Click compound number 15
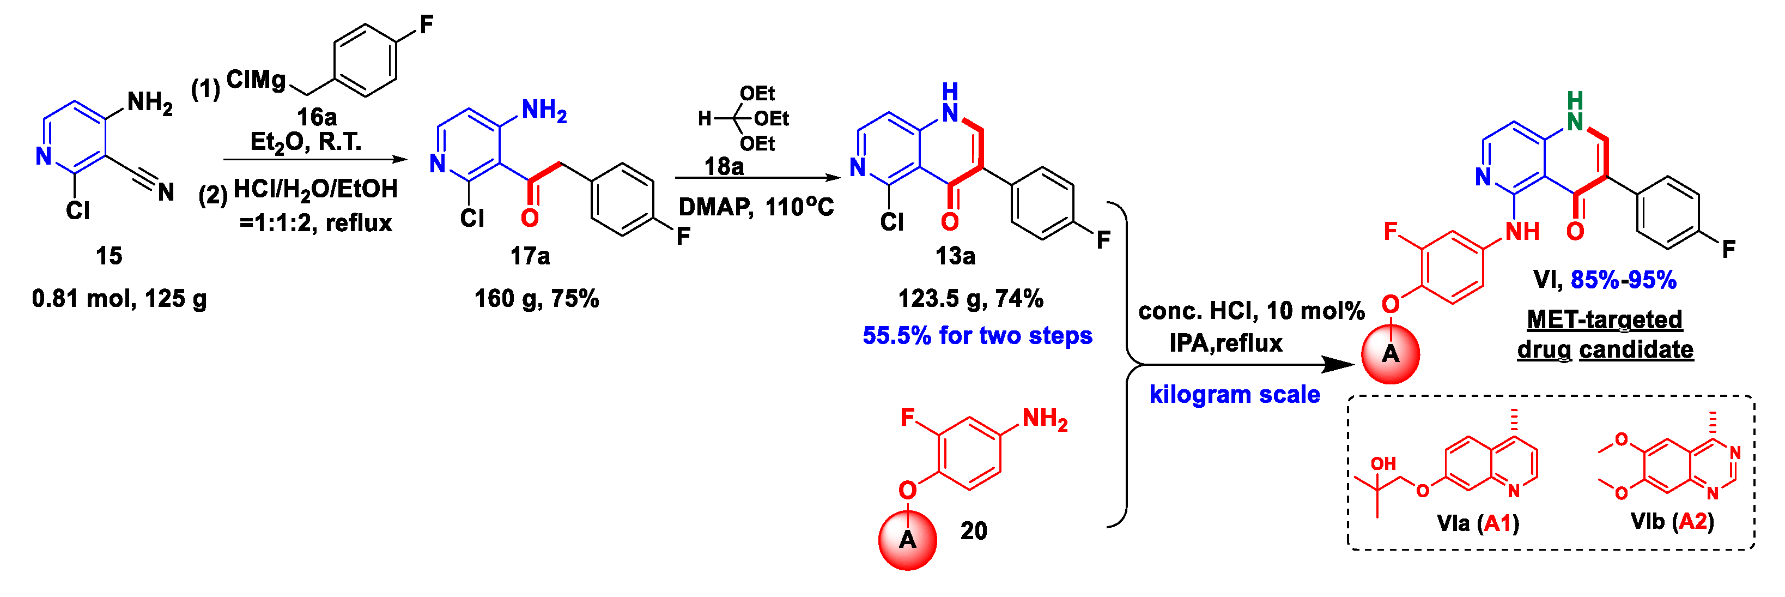pyautogui.click(x=109, y=256)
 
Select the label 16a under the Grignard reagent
pyautogui.click(x=317, y=117)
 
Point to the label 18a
pyautogui.click(x=724, y=166)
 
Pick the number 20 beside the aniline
pyautogui.click(x=974, y=531)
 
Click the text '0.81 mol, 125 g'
pyautogui.click(x=119, y=299)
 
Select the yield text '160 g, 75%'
pyautogui.click(x=536, y=299)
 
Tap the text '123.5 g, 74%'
pyautogui.click(x=970, y=299)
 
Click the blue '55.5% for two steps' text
pyautogui.click(x=977, y=336)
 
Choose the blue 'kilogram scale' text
pyautogui.click(x=1234, y=395)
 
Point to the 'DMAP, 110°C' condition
pyautogui.click(x=756, y=207)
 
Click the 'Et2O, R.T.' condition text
pyautogui.click(x=306, y=142)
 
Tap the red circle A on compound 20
pyautogui.click(x=908, y=539)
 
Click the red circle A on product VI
pyautogui.click(x=1390, y=354)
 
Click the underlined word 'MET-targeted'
pyautogui.click(x=1604, y=319)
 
